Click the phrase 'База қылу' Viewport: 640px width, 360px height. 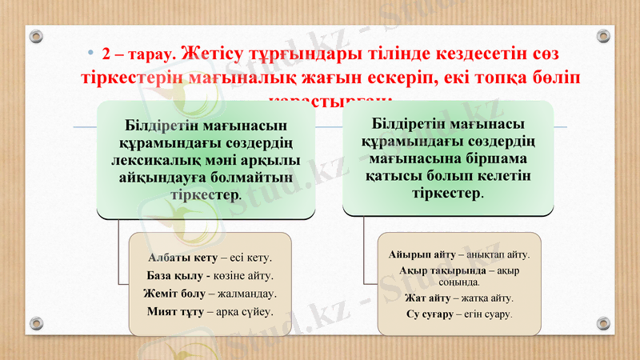[x=174, y=275]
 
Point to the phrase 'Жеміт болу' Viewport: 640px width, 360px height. [x=175, y=293]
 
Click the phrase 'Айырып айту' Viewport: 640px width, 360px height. [x=422, y=254]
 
